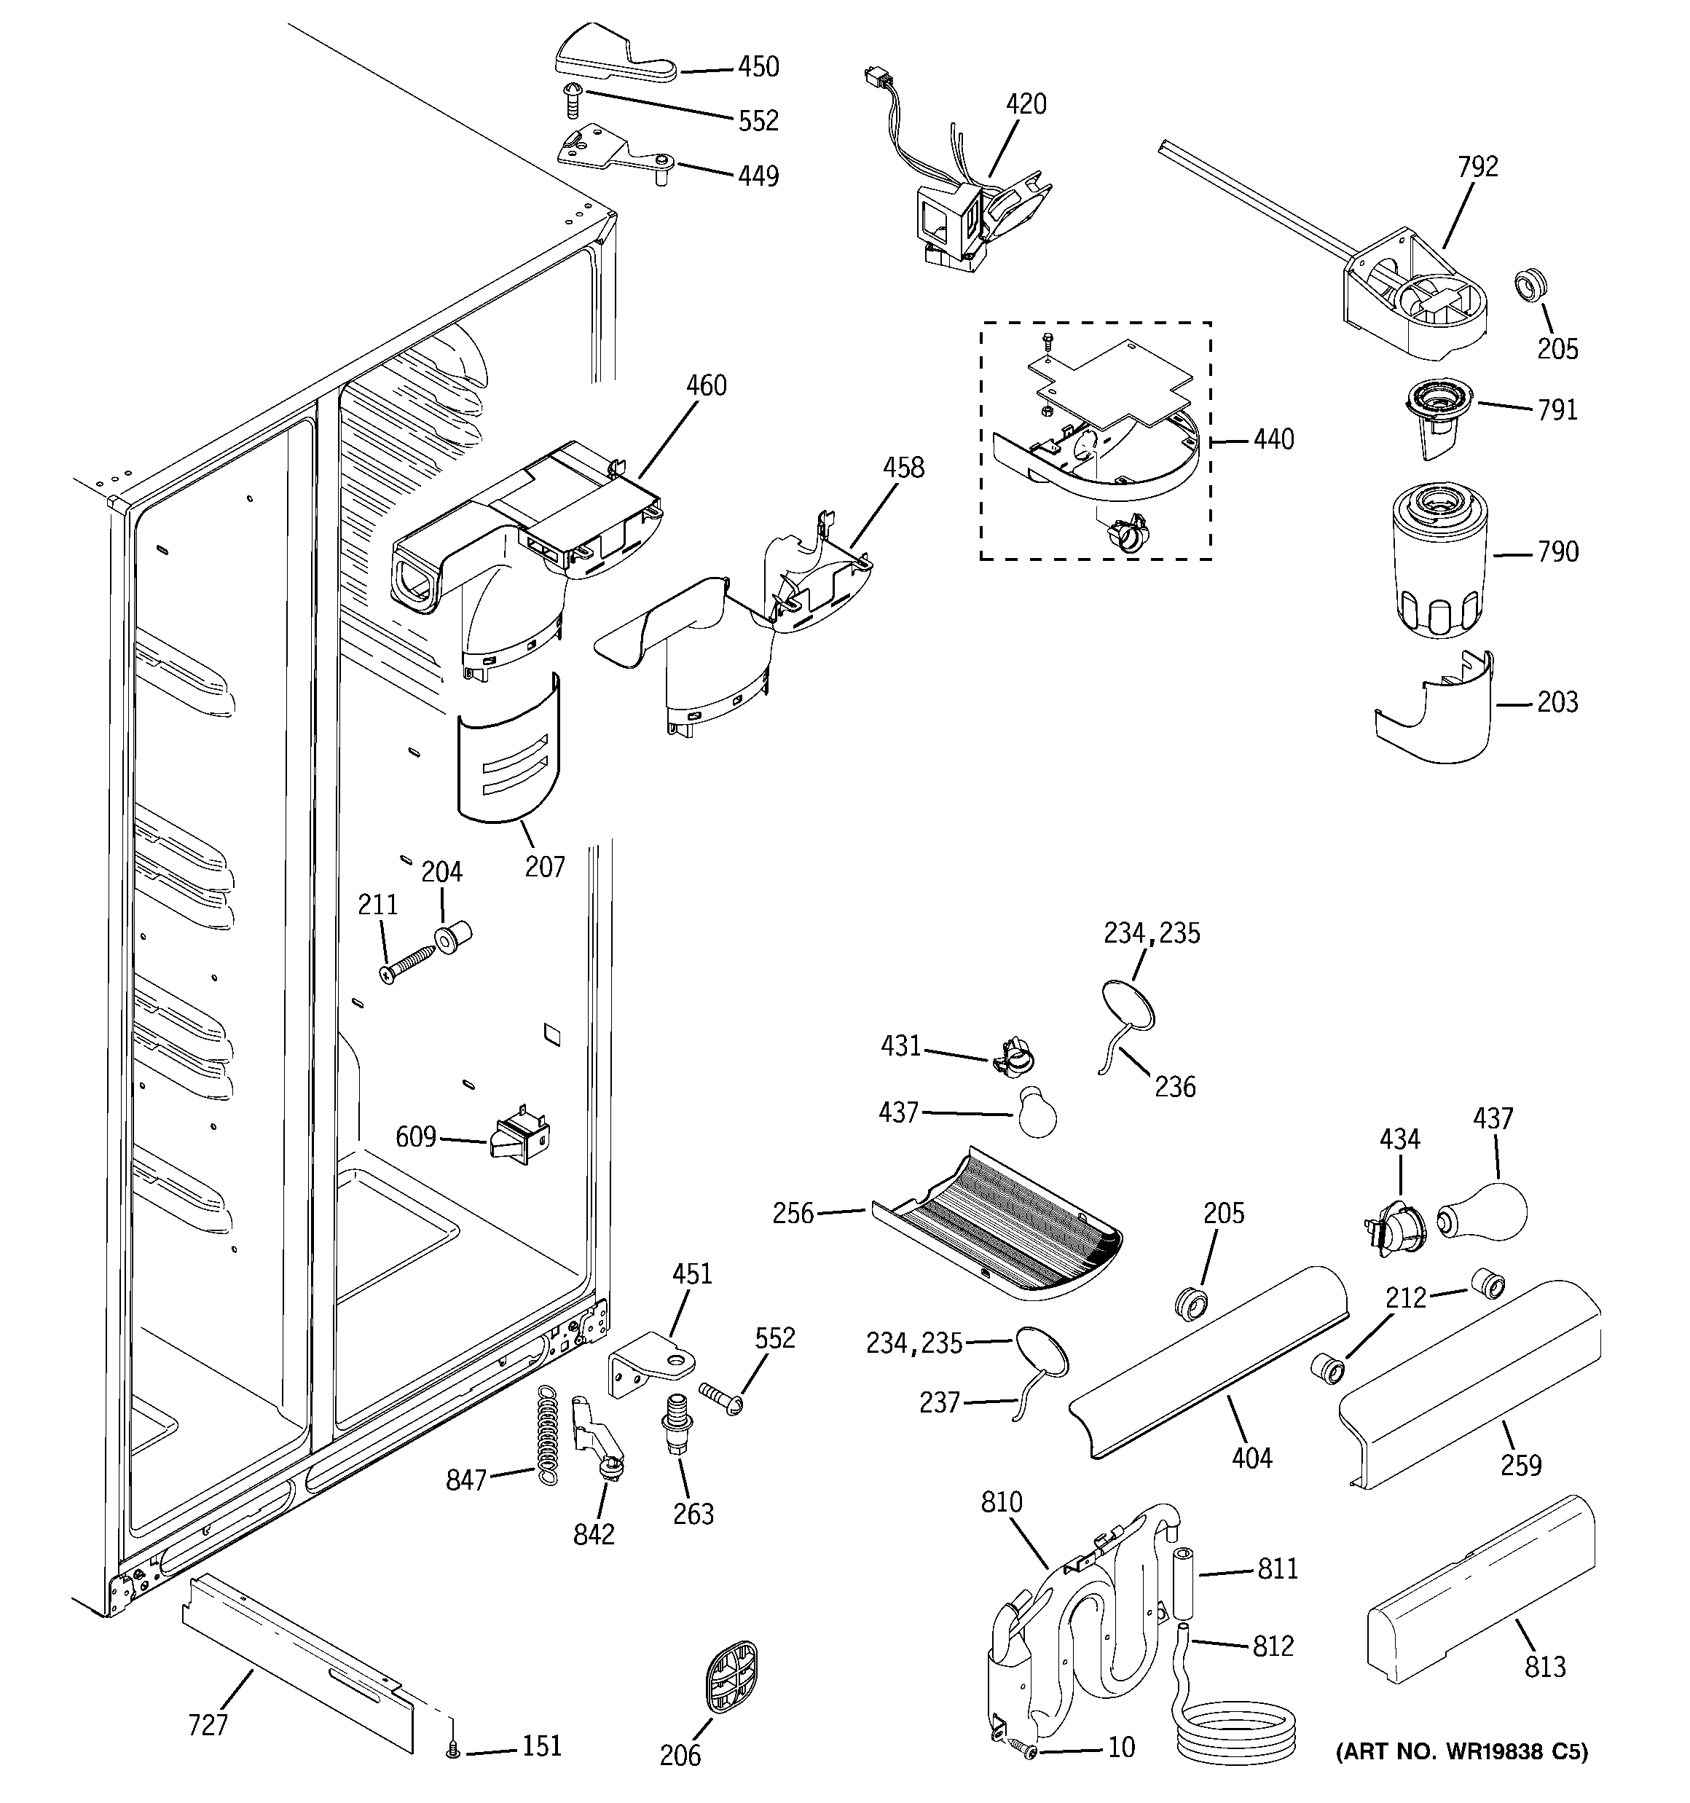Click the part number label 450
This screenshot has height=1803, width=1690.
point(758,66)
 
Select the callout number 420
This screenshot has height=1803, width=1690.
point(1026,104)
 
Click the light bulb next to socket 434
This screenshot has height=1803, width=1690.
point(1483,1214)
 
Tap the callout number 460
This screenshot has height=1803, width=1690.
point(706,385)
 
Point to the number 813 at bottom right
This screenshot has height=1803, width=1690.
point(1545,1666)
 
